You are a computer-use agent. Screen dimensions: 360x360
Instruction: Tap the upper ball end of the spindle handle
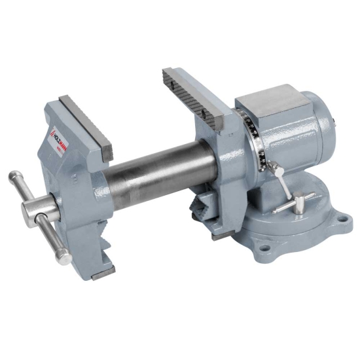pos(14,177)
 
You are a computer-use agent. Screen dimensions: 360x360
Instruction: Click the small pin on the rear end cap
pos(334,120)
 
